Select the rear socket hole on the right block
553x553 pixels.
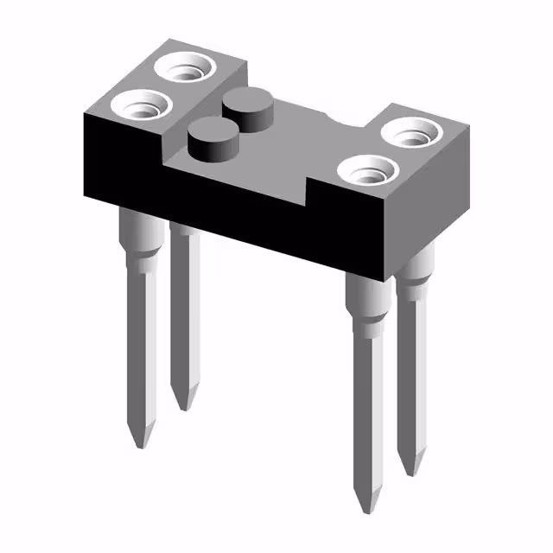tap(413, 133)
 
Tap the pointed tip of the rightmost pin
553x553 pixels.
tap(414, 467)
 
